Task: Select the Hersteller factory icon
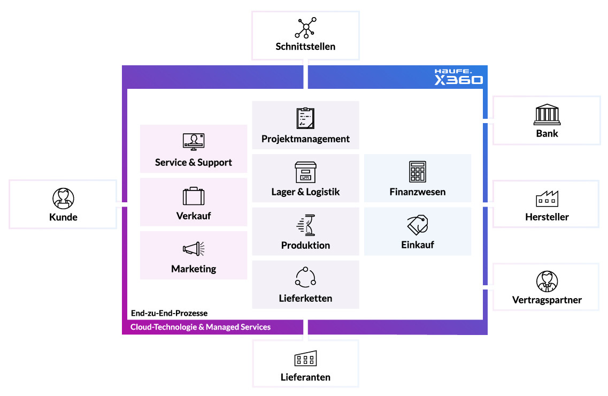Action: point(547,199)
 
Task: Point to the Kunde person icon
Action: point(63,198)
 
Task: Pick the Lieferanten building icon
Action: point(305,359)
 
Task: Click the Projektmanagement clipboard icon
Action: point(305,118)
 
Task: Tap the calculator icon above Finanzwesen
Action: point(417,172)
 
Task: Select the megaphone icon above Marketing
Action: point(194,249)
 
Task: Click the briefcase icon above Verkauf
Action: point(194,196)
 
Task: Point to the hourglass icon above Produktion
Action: point(305,225)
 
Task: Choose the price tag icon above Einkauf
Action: point(417,225)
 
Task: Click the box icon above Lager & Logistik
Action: point(305,172)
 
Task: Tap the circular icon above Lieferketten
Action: point(305,277)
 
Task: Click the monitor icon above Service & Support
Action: point(194,142)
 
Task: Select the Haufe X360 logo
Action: point(458,77)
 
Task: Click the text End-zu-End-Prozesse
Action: point(169,313)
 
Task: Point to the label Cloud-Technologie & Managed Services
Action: point(201,327)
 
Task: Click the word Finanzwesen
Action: point(417,192)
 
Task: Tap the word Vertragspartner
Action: point(547,300)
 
